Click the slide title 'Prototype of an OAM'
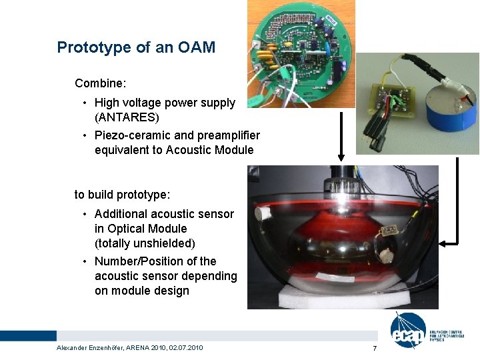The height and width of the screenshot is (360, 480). pyautogui.click(x=136, y=47)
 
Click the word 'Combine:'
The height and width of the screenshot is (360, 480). pyautogui.click(x=101, y=83)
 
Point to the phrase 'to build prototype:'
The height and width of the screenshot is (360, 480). pyautogui.click(x=122, y=195)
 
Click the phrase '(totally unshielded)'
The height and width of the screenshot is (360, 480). pyautogui.click(x=145, y=243)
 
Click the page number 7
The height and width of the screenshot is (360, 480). pyautogui.click(x=375, y=349)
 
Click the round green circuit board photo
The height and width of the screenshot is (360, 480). pyautogui.click(x=301, y=53)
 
